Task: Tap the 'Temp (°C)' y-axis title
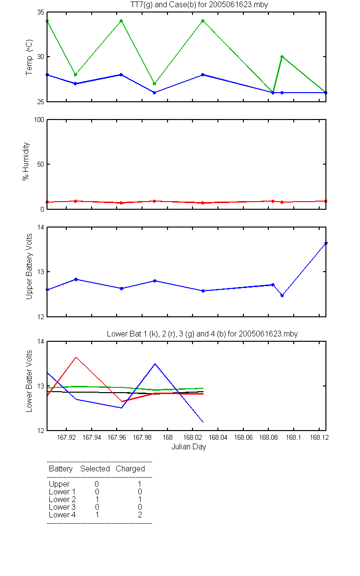pos(29,57)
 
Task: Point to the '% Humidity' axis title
pos(26,161)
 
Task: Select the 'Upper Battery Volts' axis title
pos(29,266)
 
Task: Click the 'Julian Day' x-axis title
pos(189,447)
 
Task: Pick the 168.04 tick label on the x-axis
pos(218,437)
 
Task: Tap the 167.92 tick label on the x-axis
pos(66,437)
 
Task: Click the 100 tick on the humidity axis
pos(39,120)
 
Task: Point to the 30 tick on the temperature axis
pos(41,57)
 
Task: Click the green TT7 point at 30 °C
pos(282,57)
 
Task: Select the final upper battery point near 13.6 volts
pos(326,243)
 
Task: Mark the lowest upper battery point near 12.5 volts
pos(282,296)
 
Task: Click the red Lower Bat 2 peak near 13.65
pos(76,357)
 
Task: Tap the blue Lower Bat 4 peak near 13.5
pos(155,364)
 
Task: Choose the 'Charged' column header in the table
pos(130,469)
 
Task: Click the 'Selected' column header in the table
pos(95,469)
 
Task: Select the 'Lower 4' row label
pos(62,515)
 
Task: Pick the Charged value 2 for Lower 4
pos(140,515)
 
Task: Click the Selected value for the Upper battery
pos(96,484)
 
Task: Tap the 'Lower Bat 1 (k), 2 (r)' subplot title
pos(143,334)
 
